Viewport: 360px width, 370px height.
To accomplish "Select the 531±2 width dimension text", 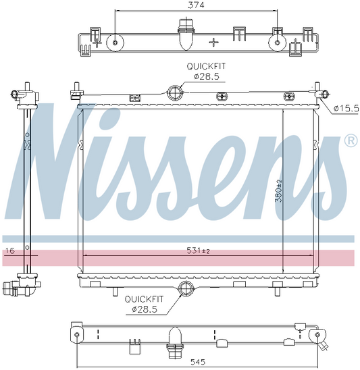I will click(197, 251).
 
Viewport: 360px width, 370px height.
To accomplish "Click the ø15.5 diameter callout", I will click(345, 108).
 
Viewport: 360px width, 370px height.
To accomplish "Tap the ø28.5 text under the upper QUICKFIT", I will click(206, 76).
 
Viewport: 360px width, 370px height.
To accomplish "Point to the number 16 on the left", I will click(9, 251).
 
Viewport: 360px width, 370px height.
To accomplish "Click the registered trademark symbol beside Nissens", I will click(350, 140).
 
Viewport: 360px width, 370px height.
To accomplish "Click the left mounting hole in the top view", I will click(116, 43).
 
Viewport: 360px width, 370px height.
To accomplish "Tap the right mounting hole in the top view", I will click(276, 43).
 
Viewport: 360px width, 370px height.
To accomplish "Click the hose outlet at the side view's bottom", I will click(13, 290).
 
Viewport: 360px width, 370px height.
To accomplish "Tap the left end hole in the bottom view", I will click(77, 335).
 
